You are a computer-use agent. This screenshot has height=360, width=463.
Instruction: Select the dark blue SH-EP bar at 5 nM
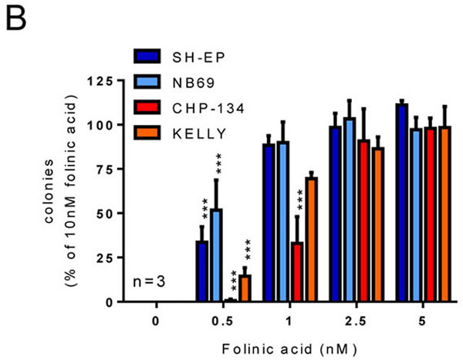[400, 203]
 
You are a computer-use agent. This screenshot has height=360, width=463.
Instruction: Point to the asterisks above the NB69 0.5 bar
[218, 165]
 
